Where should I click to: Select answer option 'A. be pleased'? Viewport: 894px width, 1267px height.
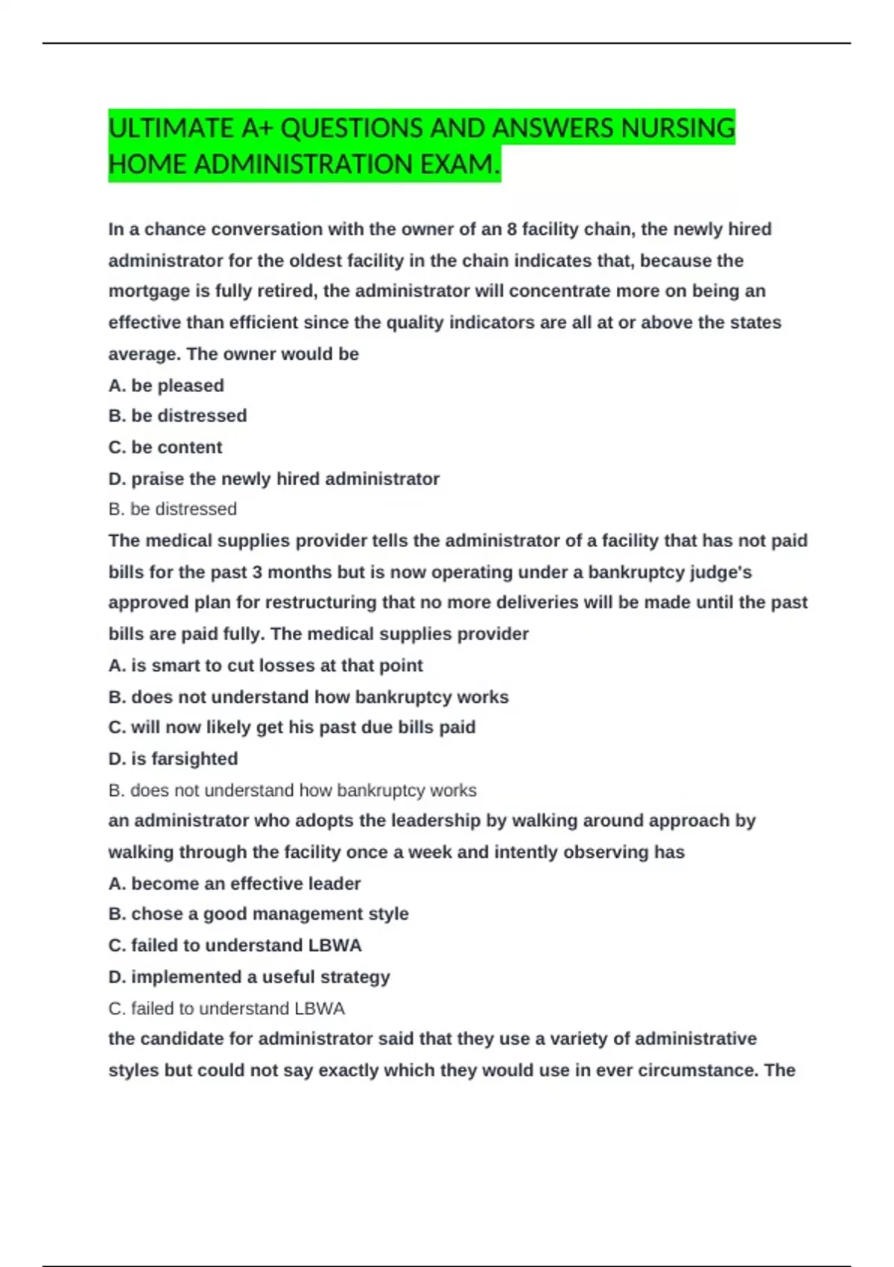tap(166, 385)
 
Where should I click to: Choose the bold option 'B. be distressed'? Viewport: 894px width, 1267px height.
tap(177, 415)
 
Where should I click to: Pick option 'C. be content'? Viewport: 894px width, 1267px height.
tap(165, 447)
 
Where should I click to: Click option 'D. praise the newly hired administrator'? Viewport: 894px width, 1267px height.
tap(273, 478)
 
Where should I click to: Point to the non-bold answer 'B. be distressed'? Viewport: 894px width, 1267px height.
tap(172, 509)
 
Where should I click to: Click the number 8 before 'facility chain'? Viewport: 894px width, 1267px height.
tap(512, 229)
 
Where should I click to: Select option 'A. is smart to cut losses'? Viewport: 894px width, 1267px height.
tap(265, 665)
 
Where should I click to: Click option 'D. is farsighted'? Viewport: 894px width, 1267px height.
tap(173, 759)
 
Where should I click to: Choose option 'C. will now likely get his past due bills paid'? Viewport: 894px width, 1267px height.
tap(291, 727)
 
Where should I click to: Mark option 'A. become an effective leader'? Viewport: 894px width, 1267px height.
tap(234, 883)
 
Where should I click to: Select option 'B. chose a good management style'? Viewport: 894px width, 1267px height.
tap(258, 914)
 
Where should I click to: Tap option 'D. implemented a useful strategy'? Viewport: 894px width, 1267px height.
tap(249, 976)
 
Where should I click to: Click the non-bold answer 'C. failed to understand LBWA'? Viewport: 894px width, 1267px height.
tap(226, 1008)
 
